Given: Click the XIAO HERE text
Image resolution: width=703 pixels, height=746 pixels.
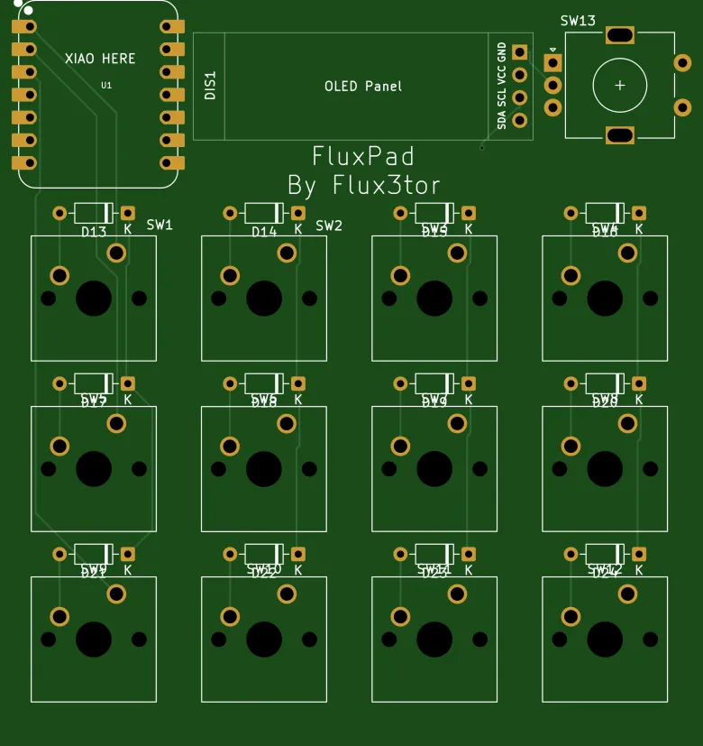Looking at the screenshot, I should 100,59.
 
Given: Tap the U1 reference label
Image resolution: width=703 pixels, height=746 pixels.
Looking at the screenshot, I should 106,85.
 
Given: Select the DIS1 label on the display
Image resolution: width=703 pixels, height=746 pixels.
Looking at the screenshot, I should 210,86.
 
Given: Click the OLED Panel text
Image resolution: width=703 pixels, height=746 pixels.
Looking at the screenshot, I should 363,87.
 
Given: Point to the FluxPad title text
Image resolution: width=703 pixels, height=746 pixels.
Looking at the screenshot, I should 363,156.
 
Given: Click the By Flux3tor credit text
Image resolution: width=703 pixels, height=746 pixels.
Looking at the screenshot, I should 363,186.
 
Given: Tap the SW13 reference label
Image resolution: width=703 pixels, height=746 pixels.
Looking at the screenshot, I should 578,21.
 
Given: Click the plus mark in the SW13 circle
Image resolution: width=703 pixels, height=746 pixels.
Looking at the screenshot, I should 620,86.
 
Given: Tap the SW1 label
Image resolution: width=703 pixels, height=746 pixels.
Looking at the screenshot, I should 160,225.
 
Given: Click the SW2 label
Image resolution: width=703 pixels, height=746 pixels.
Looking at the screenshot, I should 330,226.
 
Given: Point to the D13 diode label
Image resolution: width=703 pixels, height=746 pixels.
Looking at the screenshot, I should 94,232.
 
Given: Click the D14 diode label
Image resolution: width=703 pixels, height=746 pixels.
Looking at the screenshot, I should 264,232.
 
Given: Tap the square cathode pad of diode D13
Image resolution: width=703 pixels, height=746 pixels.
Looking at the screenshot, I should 128,213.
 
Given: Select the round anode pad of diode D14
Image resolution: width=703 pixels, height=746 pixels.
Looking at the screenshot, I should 230,213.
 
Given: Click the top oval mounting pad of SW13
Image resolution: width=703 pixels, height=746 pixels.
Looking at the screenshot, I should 620,35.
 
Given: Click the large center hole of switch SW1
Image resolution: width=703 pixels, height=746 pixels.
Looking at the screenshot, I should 94,299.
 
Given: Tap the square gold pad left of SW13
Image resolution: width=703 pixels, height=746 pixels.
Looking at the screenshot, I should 552,63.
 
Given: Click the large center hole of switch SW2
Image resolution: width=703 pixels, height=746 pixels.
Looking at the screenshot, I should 264,299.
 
